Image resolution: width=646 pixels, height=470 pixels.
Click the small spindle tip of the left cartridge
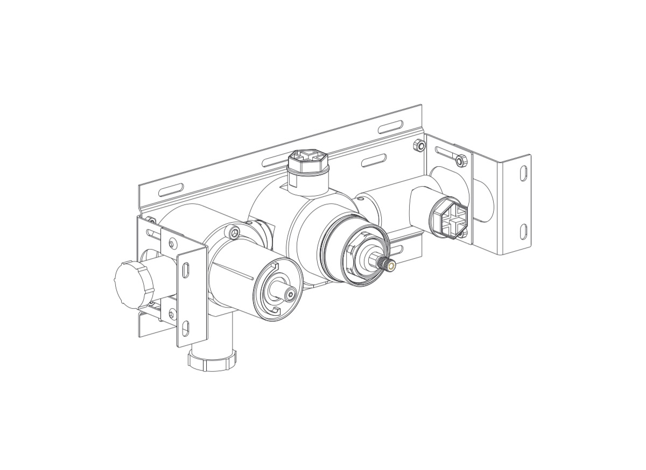[290, 294]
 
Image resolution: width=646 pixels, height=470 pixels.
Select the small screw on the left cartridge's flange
[234, 233]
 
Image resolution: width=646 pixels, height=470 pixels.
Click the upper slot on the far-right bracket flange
[523, 173]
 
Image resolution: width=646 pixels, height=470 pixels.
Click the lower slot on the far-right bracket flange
[523, 232]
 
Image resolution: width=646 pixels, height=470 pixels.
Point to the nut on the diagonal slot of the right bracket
[461, 160]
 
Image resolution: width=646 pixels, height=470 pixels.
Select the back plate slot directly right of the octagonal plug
[374, 160]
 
